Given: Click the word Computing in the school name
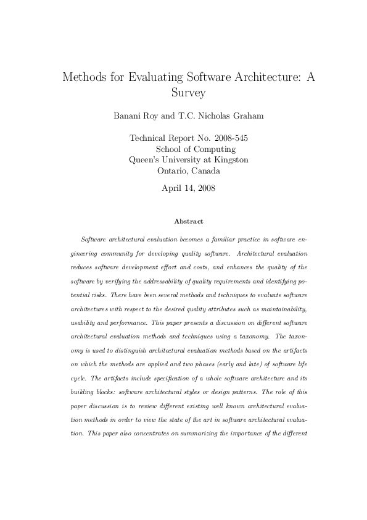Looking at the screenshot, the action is pos(213,149).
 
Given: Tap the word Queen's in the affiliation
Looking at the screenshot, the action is pos(145,159).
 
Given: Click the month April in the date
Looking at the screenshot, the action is pos(173,188).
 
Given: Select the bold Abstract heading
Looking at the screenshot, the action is pos(189,220).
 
